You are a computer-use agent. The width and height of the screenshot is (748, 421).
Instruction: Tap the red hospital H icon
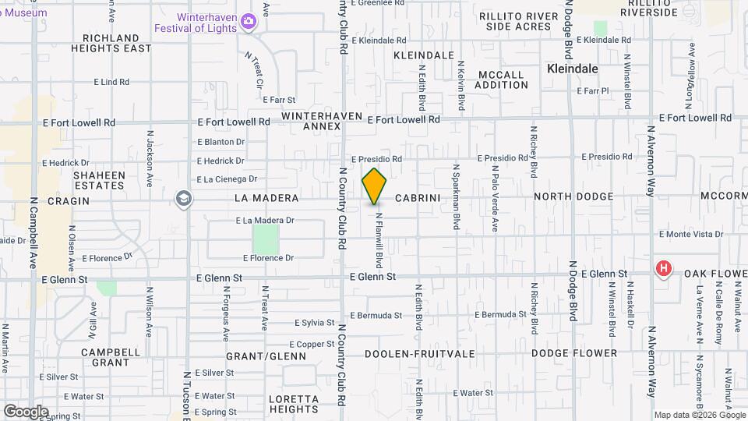click(663, 270)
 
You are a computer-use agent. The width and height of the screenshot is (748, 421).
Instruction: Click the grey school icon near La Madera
click(183, 199)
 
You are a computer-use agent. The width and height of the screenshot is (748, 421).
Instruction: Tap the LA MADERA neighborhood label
click(266, 199)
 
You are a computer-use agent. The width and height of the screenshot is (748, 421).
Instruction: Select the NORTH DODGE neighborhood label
click(573, 197)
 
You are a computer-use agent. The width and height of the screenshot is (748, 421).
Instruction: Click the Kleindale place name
click(573, 69)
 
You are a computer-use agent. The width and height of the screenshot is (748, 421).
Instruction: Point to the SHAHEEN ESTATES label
click(99, 180)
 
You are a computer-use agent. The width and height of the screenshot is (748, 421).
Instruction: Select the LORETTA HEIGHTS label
click(294, 404)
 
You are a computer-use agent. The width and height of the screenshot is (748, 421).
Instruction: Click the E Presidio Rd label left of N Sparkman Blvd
click(376, 159)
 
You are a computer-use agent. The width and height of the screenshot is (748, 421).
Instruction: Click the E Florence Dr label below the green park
click(268, 258)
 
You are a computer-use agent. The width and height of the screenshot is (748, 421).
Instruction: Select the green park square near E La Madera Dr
click(265, 237)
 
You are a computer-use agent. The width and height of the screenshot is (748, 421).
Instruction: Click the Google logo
click(26, 411)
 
